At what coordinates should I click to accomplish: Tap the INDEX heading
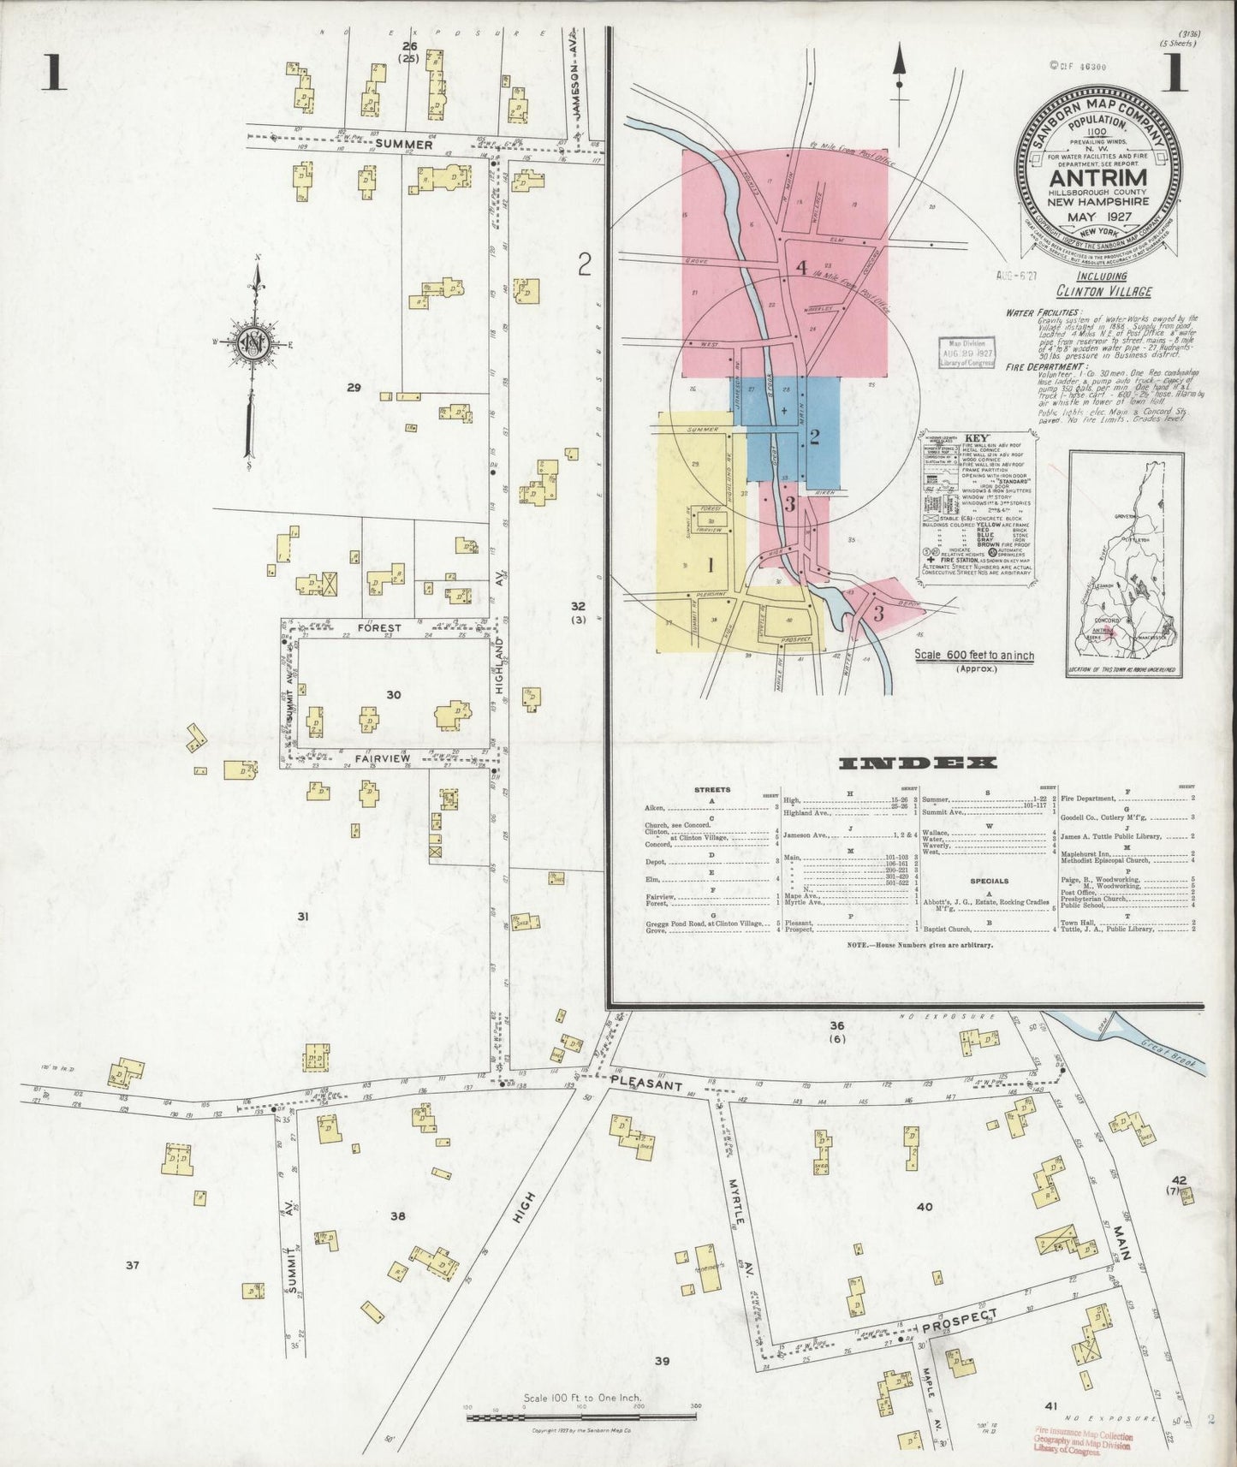tap(918, 763)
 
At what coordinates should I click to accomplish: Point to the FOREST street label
tap(379, 627)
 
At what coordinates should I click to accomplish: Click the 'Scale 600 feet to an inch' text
tap(973, 656)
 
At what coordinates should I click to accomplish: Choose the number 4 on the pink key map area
tap(801, 268)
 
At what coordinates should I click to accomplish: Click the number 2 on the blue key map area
tap(814, 437)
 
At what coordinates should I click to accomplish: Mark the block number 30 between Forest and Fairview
tap(393, 695)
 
